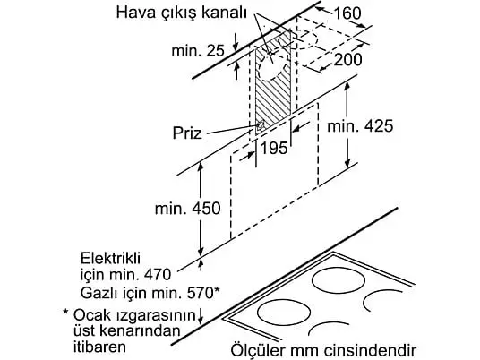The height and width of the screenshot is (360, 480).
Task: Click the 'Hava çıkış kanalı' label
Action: click(181, 13)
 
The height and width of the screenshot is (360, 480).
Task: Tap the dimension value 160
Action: click(347, 13)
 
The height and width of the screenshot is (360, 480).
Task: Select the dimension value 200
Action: click(347, 59)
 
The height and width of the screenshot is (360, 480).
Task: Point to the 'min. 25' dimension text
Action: click(198, 50)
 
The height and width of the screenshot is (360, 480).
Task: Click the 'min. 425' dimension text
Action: click(360, 126)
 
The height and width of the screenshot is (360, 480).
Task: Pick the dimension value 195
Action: click(274, 148)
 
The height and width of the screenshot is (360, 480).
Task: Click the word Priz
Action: click(187, 133)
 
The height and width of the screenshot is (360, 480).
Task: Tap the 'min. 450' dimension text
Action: click(188, 209)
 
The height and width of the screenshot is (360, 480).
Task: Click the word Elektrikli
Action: click(110, 259)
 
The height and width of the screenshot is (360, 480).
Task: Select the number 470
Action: click(157, 275)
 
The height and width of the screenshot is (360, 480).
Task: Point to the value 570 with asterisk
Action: click(203, 293)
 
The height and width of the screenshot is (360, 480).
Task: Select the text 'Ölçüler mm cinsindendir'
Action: click(323, 349)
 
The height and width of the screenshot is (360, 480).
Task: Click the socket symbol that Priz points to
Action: click(261, 125)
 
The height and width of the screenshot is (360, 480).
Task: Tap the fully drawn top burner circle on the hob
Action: click(339, 280)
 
